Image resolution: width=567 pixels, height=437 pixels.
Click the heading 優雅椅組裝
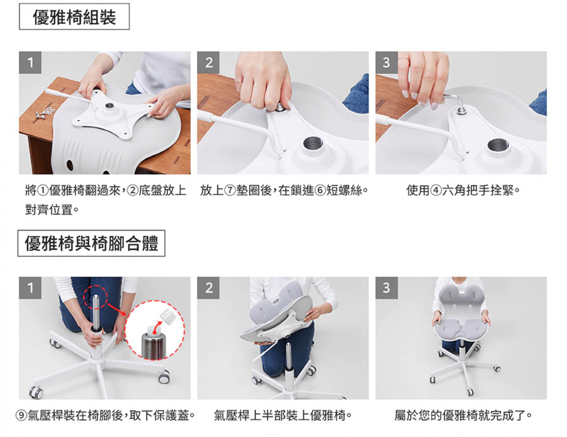75,17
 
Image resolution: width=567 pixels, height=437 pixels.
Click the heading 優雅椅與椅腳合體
92,244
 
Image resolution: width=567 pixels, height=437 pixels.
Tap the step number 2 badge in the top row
209,63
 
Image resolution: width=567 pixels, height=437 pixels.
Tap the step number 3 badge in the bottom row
387,288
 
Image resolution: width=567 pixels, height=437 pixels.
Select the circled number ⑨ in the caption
21,416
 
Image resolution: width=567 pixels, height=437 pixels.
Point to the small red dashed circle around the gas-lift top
96,297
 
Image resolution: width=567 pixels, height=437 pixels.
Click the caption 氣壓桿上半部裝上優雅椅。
283,416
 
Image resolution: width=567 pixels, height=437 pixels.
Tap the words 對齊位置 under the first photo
49,210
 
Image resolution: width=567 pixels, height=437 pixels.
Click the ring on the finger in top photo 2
239,81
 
